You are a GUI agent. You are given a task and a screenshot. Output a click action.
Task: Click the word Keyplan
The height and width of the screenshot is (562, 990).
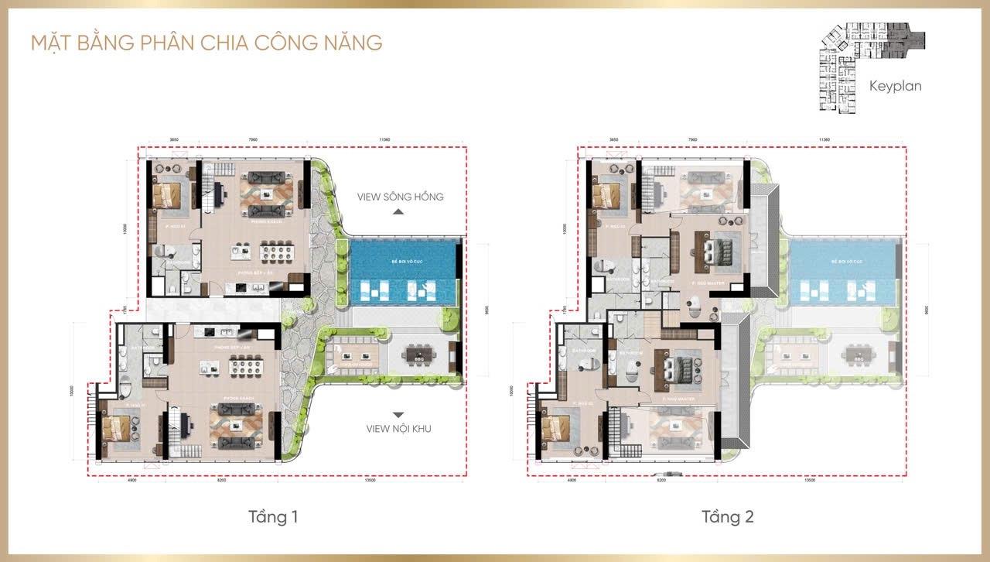pyautogui.click(x=895, y=86)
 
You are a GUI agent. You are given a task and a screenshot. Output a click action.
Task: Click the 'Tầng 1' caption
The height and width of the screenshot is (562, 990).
pyautogui.click(x=273, y=516)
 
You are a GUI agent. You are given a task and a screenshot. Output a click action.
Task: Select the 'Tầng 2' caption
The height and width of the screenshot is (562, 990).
pyautogui.click(x=728, y=516)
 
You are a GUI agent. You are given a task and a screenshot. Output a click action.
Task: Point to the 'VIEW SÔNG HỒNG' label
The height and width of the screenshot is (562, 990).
pyautogui.click(x=400, y=197)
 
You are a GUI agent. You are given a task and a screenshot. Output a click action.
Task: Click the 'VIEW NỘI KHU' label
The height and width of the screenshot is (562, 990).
pyautogui.click(x=399, y=429)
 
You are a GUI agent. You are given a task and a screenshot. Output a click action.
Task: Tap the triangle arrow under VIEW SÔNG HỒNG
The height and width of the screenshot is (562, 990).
pyautogui.click(x=399, y=211)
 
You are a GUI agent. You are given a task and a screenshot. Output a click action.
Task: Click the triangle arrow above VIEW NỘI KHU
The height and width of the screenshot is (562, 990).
pyautogui.click(x=399, y=415)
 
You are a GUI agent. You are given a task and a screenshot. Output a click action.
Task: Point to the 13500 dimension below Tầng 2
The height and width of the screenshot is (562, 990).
pyautogui.click(x=810, y=480)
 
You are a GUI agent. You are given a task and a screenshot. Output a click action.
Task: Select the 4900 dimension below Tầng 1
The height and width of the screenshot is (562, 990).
pyautogui.click(x=131, y=480)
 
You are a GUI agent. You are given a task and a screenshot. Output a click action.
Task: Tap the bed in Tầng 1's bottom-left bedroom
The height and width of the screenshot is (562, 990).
pyautogui.click(x=121, y=427)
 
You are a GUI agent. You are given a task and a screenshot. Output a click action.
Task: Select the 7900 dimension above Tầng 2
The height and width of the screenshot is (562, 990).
pyautogui.click(x=692, y=140)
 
